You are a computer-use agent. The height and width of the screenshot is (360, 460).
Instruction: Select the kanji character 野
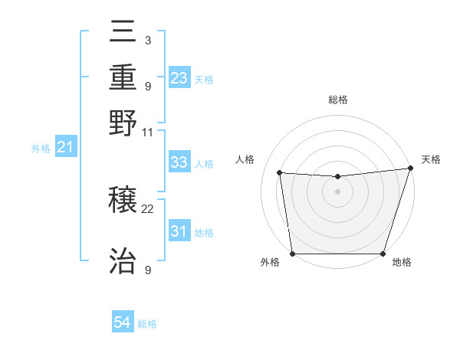point(123,123)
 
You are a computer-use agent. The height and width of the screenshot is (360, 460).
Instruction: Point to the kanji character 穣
point(123,201)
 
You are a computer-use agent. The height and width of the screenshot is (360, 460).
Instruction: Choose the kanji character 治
point(123,260)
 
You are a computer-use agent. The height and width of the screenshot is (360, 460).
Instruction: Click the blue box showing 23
point(179,78)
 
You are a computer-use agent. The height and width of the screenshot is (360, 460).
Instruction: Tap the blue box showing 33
point(179,163)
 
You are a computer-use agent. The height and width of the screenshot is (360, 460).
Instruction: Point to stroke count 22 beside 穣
point(148,208)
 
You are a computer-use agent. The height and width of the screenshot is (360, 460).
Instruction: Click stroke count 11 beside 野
point(148,132)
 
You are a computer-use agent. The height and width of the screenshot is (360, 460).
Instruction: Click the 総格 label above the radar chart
point(337,100)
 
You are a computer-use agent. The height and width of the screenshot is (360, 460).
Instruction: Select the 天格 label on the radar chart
point(431,159)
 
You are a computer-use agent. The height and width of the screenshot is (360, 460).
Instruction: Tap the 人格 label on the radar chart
point(245,159)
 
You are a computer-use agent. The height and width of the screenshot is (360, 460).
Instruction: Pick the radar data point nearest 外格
point(292,254)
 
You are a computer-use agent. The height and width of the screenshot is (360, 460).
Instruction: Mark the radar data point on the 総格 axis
point(337,177)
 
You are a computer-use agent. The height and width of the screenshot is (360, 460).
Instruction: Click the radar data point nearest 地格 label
point(383,254)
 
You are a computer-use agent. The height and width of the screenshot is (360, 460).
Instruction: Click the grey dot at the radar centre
point(337,191)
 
